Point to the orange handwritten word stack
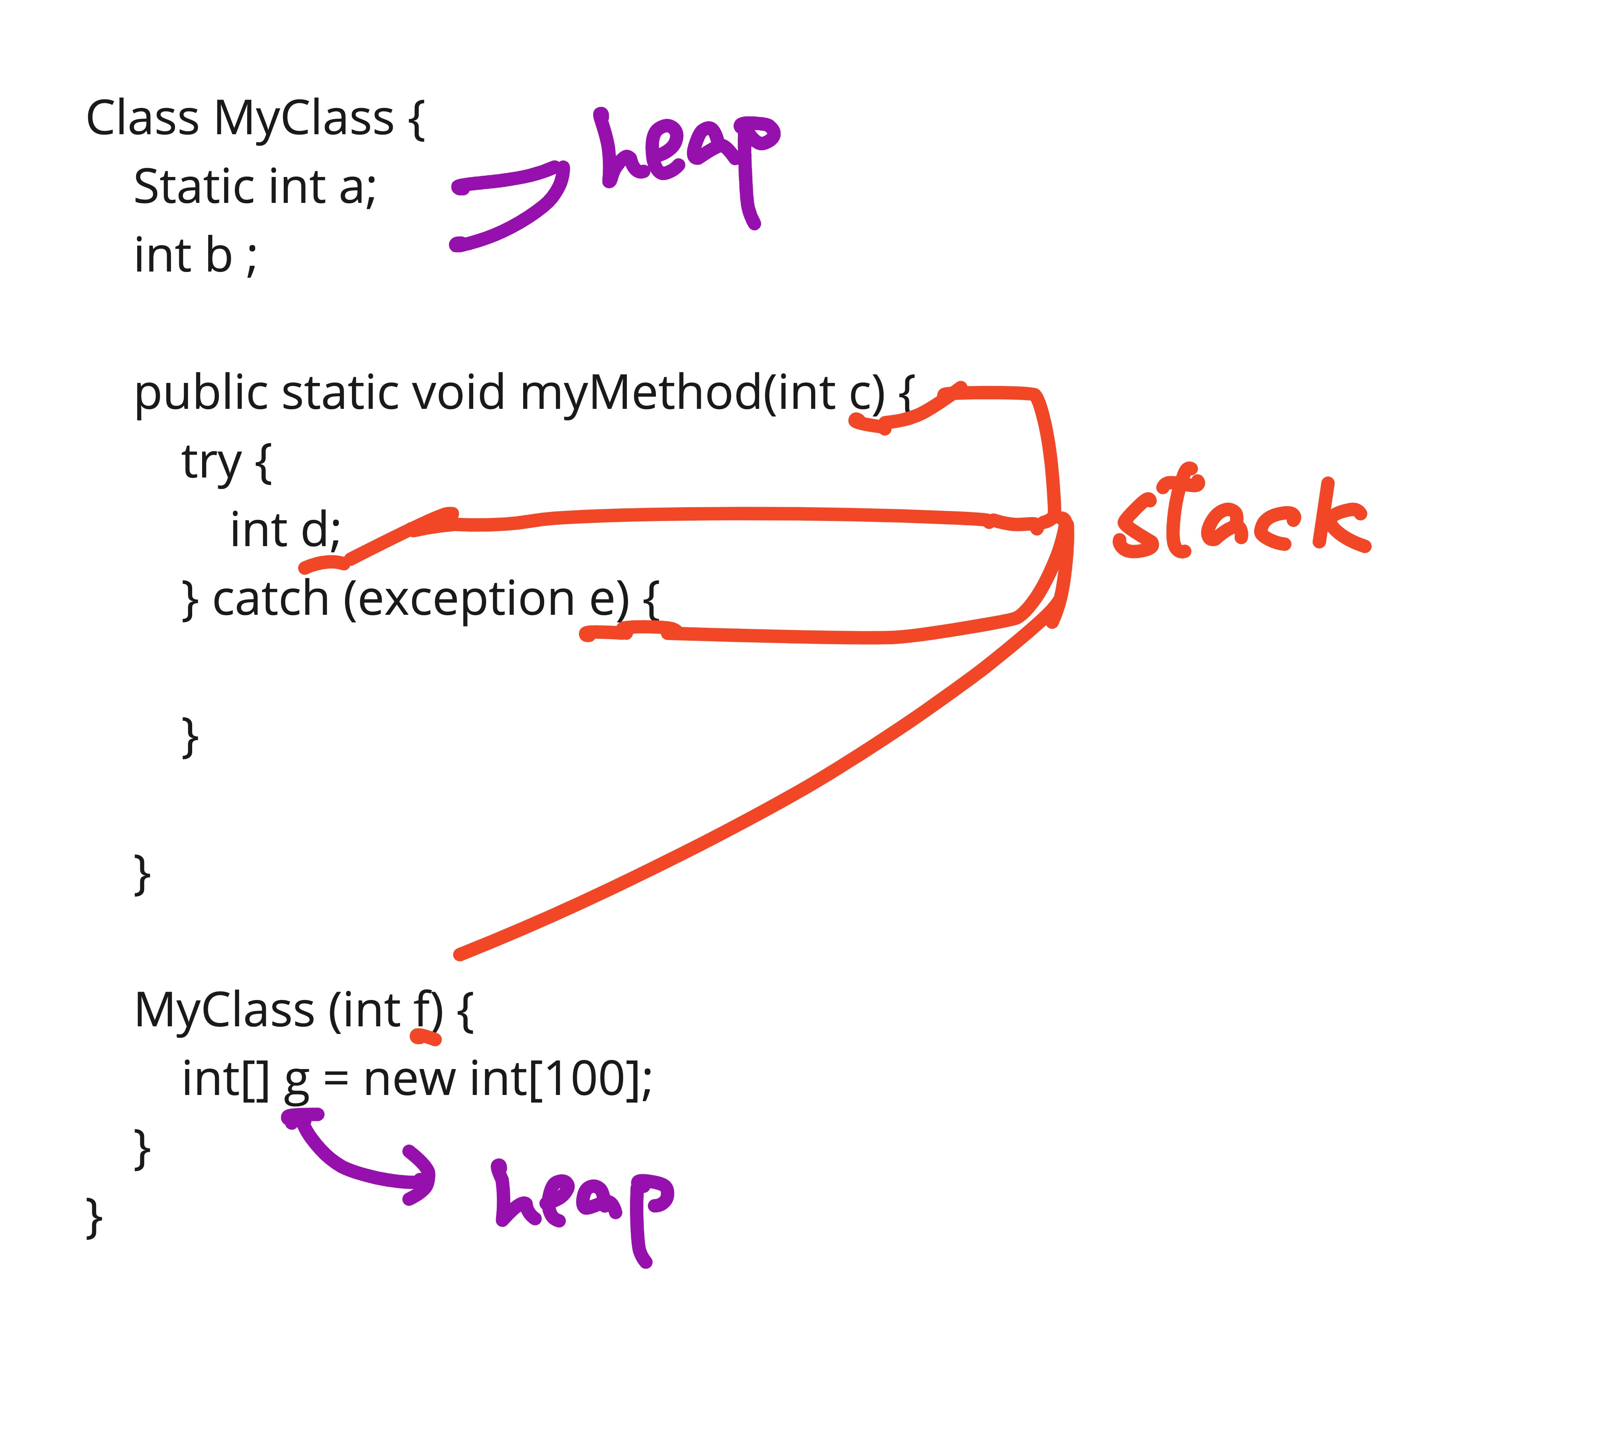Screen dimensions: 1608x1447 tap(1242, 513)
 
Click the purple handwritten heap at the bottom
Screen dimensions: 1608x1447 tap(584, 1212)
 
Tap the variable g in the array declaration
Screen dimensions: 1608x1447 tap(297, 1084)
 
